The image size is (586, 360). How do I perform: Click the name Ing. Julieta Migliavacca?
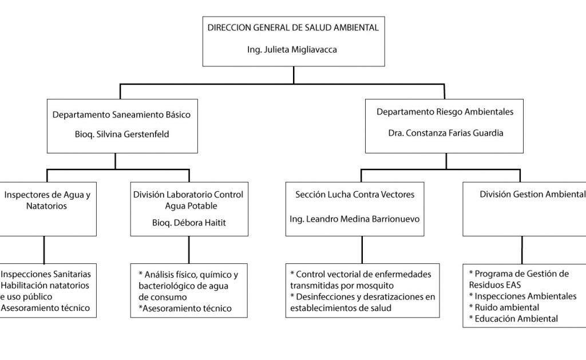pyautogui.click(x=292, y=50)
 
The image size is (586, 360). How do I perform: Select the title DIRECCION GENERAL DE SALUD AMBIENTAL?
pyautogui.click(x=293, y=27)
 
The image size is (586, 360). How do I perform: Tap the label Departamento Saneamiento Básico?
pyautogui.click(x=121, y=115)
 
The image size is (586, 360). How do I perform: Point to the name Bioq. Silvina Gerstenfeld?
pyautogui.click(x=122, y=134)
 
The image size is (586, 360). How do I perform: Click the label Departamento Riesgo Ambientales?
pyautogui.click(x=445, y=112)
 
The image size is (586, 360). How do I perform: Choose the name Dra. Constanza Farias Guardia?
pyautogui.click(x=445, y=133)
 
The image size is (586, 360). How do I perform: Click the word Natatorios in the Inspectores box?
pyautogui.click(x=46, y=206)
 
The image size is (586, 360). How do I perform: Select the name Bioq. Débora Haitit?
pyautogui.click(x=189, y=223)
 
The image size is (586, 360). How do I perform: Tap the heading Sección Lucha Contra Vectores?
pyautogui.click(x=355, y=195)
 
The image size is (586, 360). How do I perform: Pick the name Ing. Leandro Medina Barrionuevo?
pyautogui.click(x=355, y=219)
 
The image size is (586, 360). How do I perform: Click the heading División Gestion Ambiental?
pyautogui.click(x=532, y=195)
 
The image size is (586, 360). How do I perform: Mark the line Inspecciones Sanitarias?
pyautogui.click(x=45, y=274)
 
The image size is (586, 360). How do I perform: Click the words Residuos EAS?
pyautogui.click(x=495, y=285)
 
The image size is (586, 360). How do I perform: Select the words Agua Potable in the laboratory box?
pyautogui.click(x=191, y=206)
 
